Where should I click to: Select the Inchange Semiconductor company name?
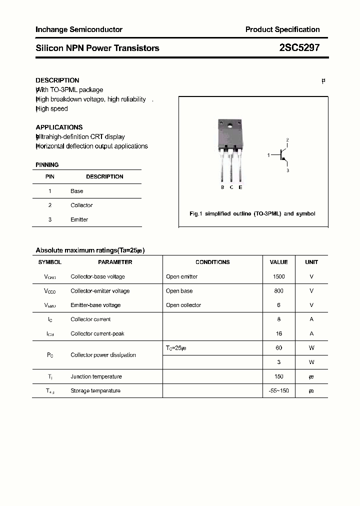click(79, 29)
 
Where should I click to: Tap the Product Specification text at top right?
click(282, 29)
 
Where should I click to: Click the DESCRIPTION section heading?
click(57, 80)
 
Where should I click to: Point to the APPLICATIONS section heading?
click(59, 127)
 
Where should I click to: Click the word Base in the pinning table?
click(77, 191)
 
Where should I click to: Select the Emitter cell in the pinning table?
click(79, 219)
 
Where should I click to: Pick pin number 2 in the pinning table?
click(50, 205)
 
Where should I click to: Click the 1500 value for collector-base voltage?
click(279, 276)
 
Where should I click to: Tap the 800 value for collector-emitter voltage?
click(279, 290)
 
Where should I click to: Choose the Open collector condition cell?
click(183, 305)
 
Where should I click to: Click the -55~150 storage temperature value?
click(279, 390)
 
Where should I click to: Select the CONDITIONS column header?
click(212, 262)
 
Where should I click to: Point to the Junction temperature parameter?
click(96, 376)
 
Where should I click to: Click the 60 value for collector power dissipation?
click(279, 347)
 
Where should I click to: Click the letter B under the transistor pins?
click(222, 187)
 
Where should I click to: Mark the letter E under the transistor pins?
click(240, 187)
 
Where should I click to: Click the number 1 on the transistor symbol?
click(268, 155)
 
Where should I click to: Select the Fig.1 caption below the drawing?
click(252, 213)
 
